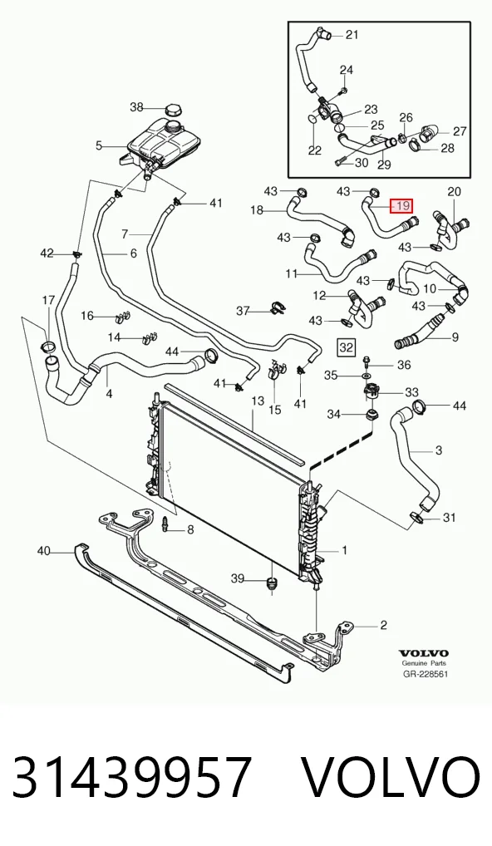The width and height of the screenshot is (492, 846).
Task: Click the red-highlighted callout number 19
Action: click(402, 205)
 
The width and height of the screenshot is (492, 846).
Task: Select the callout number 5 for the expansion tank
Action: click(99, 145)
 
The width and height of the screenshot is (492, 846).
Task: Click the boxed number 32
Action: click(346, 347)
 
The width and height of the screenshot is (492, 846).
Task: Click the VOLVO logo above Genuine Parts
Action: click(424, 654)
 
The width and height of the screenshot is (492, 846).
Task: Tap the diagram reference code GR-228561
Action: click(425, 674)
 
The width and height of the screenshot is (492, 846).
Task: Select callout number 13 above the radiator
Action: click(258, 401)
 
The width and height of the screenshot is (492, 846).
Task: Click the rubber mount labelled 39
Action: click(271, 583)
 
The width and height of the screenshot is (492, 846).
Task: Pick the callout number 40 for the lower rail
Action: click(44, 551)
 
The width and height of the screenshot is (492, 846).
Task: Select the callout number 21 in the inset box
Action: click(352, 35)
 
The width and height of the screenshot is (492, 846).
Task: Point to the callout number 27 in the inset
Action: click(460, 131)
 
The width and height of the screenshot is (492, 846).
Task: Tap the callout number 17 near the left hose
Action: click(48, 300)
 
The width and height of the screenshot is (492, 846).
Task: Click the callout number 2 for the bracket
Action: click(384, 625)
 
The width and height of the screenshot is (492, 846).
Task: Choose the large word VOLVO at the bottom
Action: click(390, 777)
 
